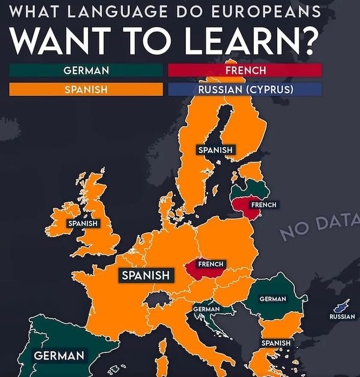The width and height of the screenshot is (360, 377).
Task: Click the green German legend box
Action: pyautogui.click(x=86, y=70)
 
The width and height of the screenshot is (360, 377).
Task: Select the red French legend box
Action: pyautogui.click(x=245, y=70)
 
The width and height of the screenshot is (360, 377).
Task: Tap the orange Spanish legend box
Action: pyautogui.click(x=86, y=89)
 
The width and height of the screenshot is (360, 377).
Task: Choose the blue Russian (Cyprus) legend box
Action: pyautogui.click(x=245, y=89)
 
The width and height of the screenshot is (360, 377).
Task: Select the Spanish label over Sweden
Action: pyautogui.click(x=215, y=149)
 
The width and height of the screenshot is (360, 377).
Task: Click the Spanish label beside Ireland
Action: pyautogui.click(x=83, y=224)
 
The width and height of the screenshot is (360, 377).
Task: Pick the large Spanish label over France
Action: pyautogui.click(x=146, y=276)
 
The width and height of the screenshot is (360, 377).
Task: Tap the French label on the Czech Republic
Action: pyautogui.click(x=211, y=264)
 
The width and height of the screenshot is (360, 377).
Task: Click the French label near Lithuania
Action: pyautogui.click(x=263, y=205)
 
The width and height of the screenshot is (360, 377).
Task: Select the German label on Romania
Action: pyautogui.click(x=272, y=299)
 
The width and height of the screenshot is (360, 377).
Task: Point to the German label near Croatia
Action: pyautogui.click(x=206, y=309)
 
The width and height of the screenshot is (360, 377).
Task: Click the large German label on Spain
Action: pyautogui.click(x=59, y=356)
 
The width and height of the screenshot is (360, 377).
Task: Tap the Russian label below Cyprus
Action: pyautogui.click(x=342, y=316)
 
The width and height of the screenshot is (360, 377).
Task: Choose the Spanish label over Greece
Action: pyautogui.click(x=276, y=343)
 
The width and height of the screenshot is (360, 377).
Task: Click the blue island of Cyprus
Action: pyautogui.click(x=344, y=305)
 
